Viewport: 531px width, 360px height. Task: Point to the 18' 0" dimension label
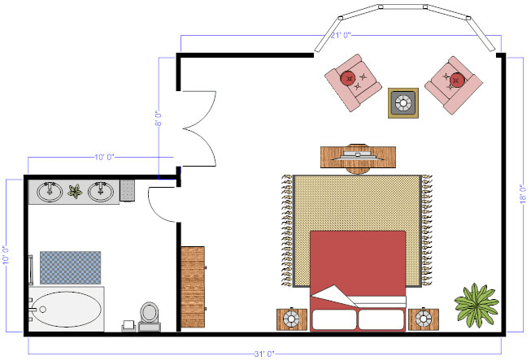pos(524,194)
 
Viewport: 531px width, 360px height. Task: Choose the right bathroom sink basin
pos(101,192)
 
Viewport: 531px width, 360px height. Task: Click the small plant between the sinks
pos(75,192)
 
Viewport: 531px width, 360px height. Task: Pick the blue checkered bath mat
pos(70,267)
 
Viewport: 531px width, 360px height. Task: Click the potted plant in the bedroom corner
pos(477,303)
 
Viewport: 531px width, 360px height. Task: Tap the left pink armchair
pos(353,82)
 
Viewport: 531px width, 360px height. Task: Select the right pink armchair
pos(452,83)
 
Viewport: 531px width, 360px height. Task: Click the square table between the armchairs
pos(403,103)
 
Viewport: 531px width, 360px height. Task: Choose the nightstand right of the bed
pos(423,319)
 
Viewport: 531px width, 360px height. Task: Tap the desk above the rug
pos(358,154)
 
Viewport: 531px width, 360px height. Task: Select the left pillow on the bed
pos(333,319)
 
